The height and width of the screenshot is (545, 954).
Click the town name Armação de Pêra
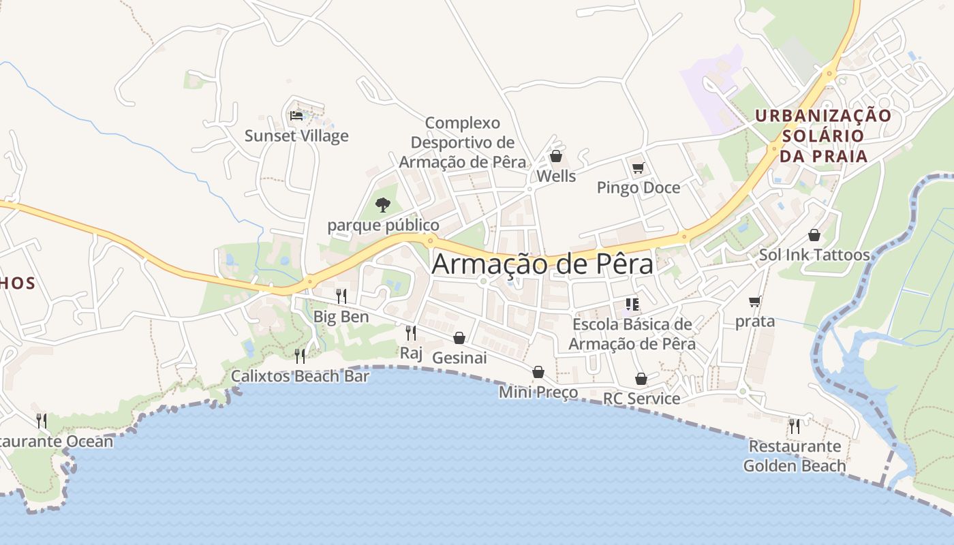pyautogui.click(x=542, y=264)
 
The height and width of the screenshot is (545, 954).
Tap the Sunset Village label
pyautogui.click(x=296, y=136)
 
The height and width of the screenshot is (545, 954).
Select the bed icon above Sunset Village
pyautogui.click(x=296, y=116)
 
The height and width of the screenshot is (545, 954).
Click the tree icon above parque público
pyautogui.click(x=383, y=204)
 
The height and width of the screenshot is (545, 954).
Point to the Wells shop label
pyautogui.click(x=556, y=176)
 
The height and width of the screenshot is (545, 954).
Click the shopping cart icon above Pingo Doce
pyautogui.click(x=638, y=168)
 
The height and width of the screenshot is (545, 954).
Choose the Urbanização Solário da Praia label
pyautogui.click(x=822, y=136)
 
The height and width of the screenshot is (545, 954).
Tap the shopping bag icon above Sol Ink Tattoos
pyautogui.click(x=814, y=235)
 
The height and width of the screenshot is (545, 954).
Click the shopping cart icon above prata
pyautogui.click(x=754, y=301)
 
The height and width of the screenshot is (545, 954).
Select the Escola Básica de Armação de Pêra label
pyautogui.click(x=632, y=334)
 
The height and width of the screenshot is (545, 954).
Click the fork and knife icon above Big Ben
pyautogui.click(x=341, y=296)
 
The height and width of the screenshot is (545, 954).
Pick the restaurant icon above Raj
pyautogui.click(x=411, y=332)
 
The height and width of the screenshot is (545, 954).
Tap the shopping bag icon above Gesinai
pyautogui.click(x=459, y=338)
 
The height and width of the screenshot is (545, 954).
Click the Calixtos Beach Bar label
pyautogui.click(x=300, y=376)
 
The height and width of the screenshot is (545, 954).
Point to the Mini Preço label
pyautogui.click(x=538, y=392)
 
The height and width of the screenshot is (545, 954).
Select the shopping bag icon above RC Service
pyautogui.click(x=641, y=379)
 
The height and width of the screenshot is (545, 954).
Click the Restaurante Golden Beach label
pyautogui.click(x=795, y=456)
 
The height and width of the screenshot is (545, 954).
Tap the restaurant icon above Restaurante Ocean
pyautogui.click(x=42, y=420)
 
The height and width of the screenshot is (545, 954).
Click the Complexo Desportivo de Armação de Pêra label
pyautogui.click(x=463, y=142)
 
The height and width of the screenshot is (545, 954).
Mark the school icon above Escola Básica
pyautogui.click(x=632, y=304)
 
